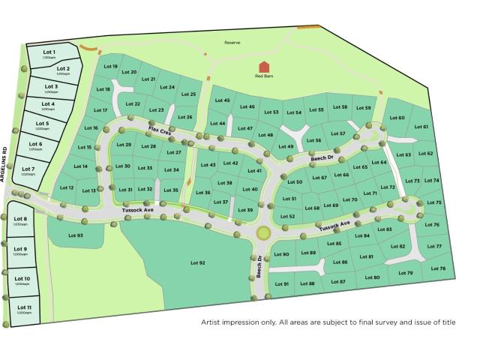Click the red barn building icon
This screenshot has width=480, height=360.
coord(262,67)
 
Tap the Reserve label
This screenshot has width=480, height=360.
coord(232,43)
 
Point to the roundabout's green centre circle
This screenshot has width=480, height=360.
coord(263,233)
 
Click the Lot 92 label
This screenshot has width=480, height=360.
coord(197,262)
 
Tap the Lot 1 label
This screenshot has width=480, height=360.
coord(49,52)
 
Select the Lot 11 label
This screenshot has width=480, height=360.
coord(25,307)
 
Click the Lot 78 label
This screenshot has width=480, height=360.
coord(438,268)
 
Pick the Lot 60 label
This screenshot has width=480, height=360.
coord(397,118)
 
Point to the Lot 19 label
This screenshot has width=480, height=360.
coord(110,67)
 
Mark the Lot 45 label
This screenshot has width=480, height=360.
coord(223,100)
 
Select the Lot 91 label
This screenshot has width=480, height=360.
coord(282,283)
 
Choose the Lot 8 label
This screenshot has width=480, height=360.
coord(20,219)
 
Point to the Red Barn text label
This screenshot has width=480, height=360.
coord(264,76)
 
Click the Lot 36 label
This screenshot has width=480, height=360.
coord(202,193)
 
